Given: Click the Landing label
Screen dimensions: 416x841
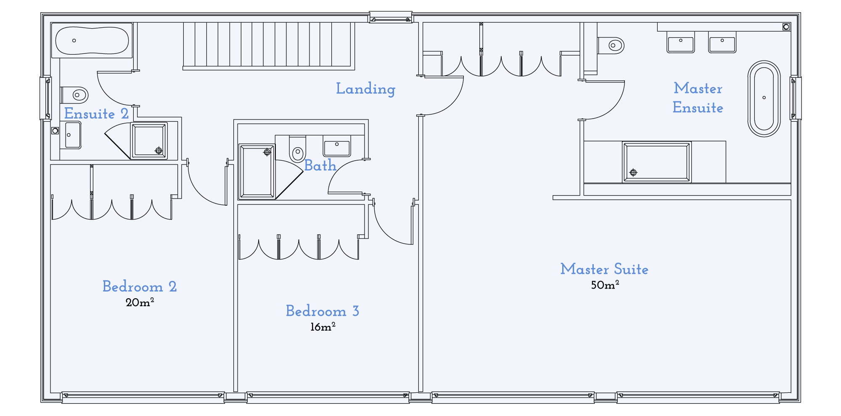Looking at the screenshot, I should click(x=365, y=89).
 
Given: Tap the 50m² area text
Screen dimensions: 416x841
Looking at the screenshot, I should click(x=605, y=285).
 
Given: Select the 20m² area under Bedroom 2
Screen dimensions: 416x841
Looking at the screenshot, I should click(x=140, y=302).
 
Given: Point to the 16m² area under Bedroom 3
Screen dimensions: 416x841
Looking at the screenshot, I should click(x=323, y=327).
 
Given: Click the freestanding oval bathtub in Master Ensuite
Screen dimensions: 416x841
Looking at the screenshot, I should click(x=764, y=98).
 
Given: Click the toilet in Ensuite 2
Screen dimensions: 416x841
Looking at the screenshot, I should click(x=75, y=95).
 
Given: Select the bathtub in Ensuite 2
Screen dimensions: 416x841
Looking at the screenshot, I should click(x=92, y=40).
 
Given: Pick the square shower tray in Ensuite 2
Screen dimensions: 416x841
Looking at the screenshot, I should click(x=149, y=141).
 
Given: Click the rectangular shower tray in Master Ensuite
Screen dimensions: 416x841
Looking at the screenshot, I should click(x=656, y=162).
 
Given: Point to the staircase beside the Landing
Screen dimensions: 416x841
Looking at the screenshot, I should click(x=268, y=45).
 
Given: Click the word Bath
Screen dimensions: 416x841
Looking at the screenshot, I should click(x=320, y=165).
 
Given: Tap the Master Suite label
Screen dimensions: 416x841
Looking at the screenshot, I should click(x=604, y=269).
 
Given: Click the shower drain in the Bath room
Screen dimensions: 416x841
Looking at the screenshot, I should click(x=267, y=152).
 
